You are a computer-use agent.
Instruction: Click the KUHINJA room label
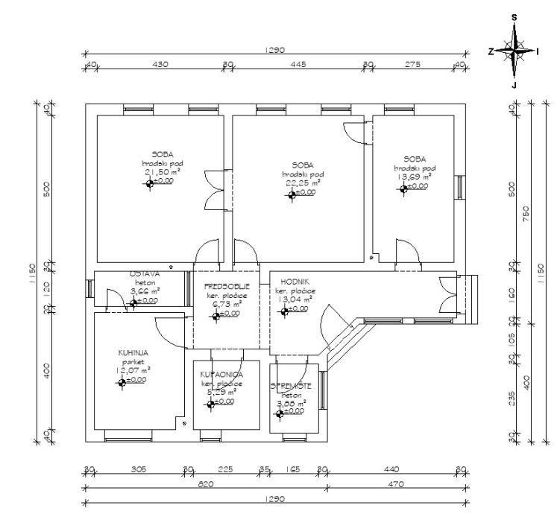click(132, 352)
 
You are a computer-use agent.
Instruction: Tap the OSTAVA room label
click(146, 274)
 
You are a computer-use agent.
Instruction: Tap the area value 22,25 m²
click(301, 182)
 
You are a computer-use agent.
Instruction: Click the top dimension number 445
click(298, 65)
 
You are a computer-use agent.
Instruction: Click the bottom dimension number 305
click(139, 470)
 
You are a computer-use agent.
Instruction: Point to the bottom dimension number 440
click(391, 470)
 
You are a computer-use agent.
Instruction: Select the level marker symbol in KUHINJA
click(122, 382)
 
